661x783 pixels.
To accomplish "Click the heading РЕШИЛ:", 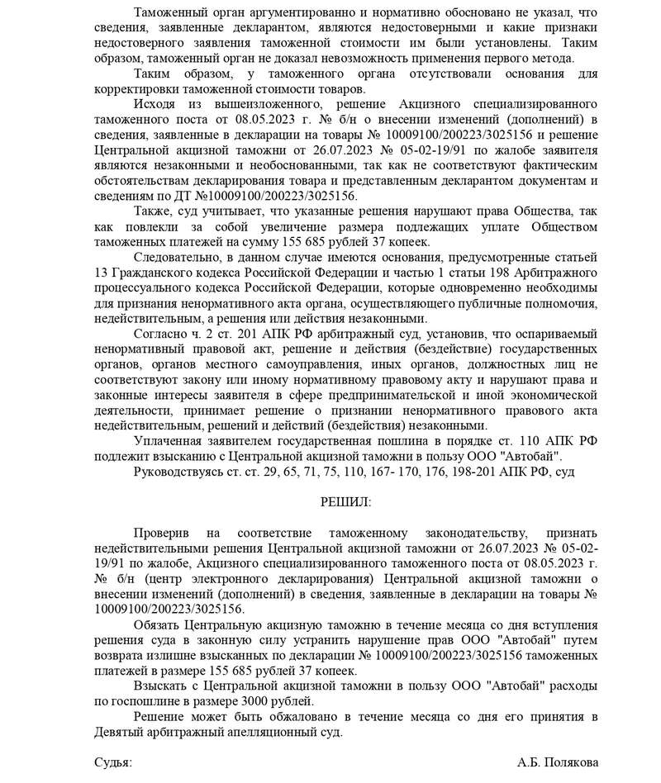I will click(x=345, y=502).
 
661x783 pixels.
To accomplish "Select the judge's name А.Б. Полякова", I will click(x=558, y=762).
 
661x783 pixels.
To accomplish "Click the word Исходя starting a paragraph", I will click(x=155, y=105).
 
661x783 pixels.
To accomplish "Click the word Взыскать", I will click(x=159, y=686).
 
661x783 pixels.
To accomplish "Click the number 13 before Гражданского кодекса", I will click(x=102, y=273).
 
